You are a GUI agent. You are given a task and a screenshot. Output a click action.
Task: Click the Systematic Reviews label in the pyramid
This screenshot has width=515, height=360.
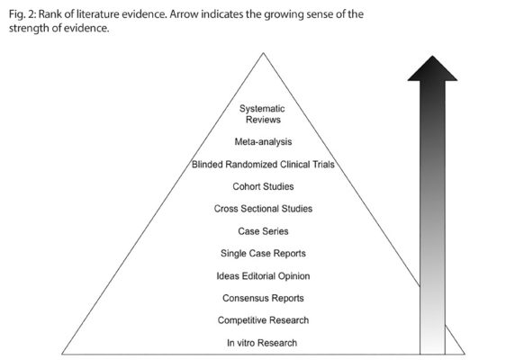point(263,114)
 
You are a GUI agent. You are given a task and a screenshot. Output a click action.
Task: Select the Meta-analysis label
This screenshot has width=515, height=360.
point(263,141)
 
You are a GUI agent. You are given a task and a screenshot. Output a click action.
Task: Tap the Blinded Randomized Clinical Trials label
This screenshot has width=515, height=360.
point(263,165)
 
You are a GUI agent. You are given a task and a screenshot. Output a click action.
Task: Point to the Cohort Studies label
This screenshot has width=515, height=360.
point(263,186)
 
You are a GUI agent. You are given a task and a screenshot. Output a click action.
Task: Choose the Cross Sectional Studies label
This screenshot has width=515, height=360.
point(263,209)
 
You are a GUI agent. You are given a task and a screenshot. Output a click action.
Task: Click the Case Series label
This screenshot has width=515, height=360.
point(263,231)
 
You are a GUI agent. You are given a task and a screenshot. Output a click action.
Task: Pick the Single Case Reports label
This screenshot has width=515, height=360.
point(263,253)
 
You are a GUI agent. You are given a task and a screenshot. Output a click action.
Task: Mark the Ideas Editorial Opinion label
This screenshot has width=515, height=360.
point(263,275)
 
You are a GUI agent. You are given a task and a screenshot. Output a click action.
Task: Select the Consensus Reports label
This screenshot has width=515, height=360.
point(263,298)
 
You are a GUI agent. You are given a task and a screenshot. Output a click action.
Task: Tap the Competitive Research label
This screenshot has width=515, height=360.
point(263,320)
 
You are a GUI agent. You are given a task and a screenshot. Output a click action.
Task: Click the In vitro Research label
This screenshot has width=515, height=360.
point(263,343)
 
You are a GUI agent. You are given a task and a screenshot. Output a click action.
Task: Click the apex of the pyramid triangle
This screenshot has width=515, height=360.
point(263,53)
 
